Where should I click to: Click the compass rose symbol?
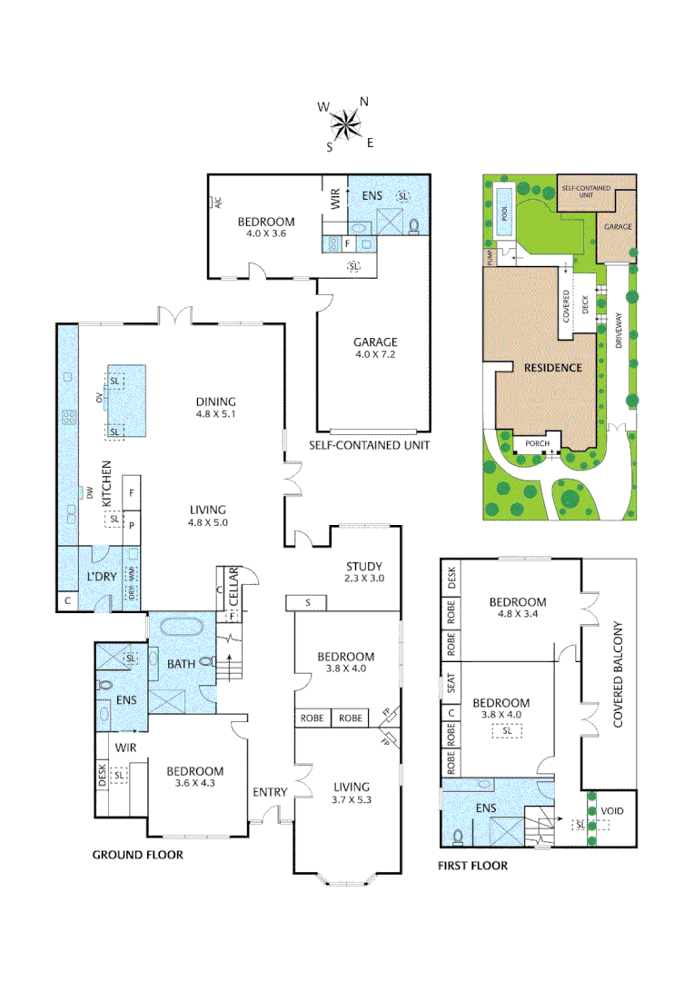click(x=345, y=124)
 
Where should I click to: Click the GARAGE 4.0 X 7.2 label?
click(x=375, y=349)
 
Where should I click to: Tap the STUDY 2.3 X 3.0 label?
click(x=364, y=572)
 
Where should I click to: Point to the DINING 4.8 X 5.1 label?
click(x=215, y=408)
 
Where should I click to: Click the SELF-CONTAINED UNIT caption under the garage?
click(x=369, y=445)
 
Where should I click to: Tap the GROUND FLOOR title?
click(x=138, y=855)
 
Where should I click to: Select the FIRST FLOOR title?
click(x=472, y=866)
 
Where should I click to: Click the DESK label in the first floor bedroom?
click(x=451, y=578)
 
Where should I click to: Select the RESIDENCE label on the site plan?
click(x=551, y=368)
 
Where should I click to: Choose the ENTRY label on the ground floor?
click(x=270, y=792)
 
